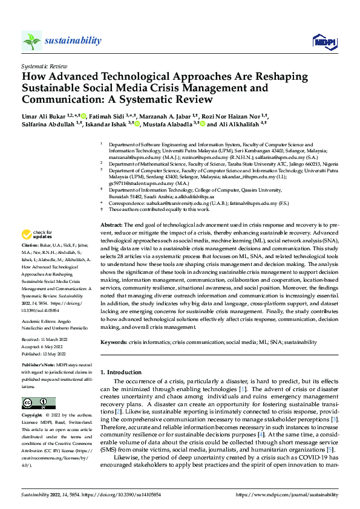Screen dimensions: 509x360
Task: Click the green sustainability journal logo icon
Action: (31, 41)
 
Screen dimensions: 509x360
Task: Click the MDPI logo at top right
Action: (321, 41)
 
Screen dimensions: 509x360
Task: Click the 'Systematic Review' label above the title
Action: (43, 65)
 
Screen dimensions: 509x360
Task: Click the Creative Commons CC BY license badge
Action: (38, 403)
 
